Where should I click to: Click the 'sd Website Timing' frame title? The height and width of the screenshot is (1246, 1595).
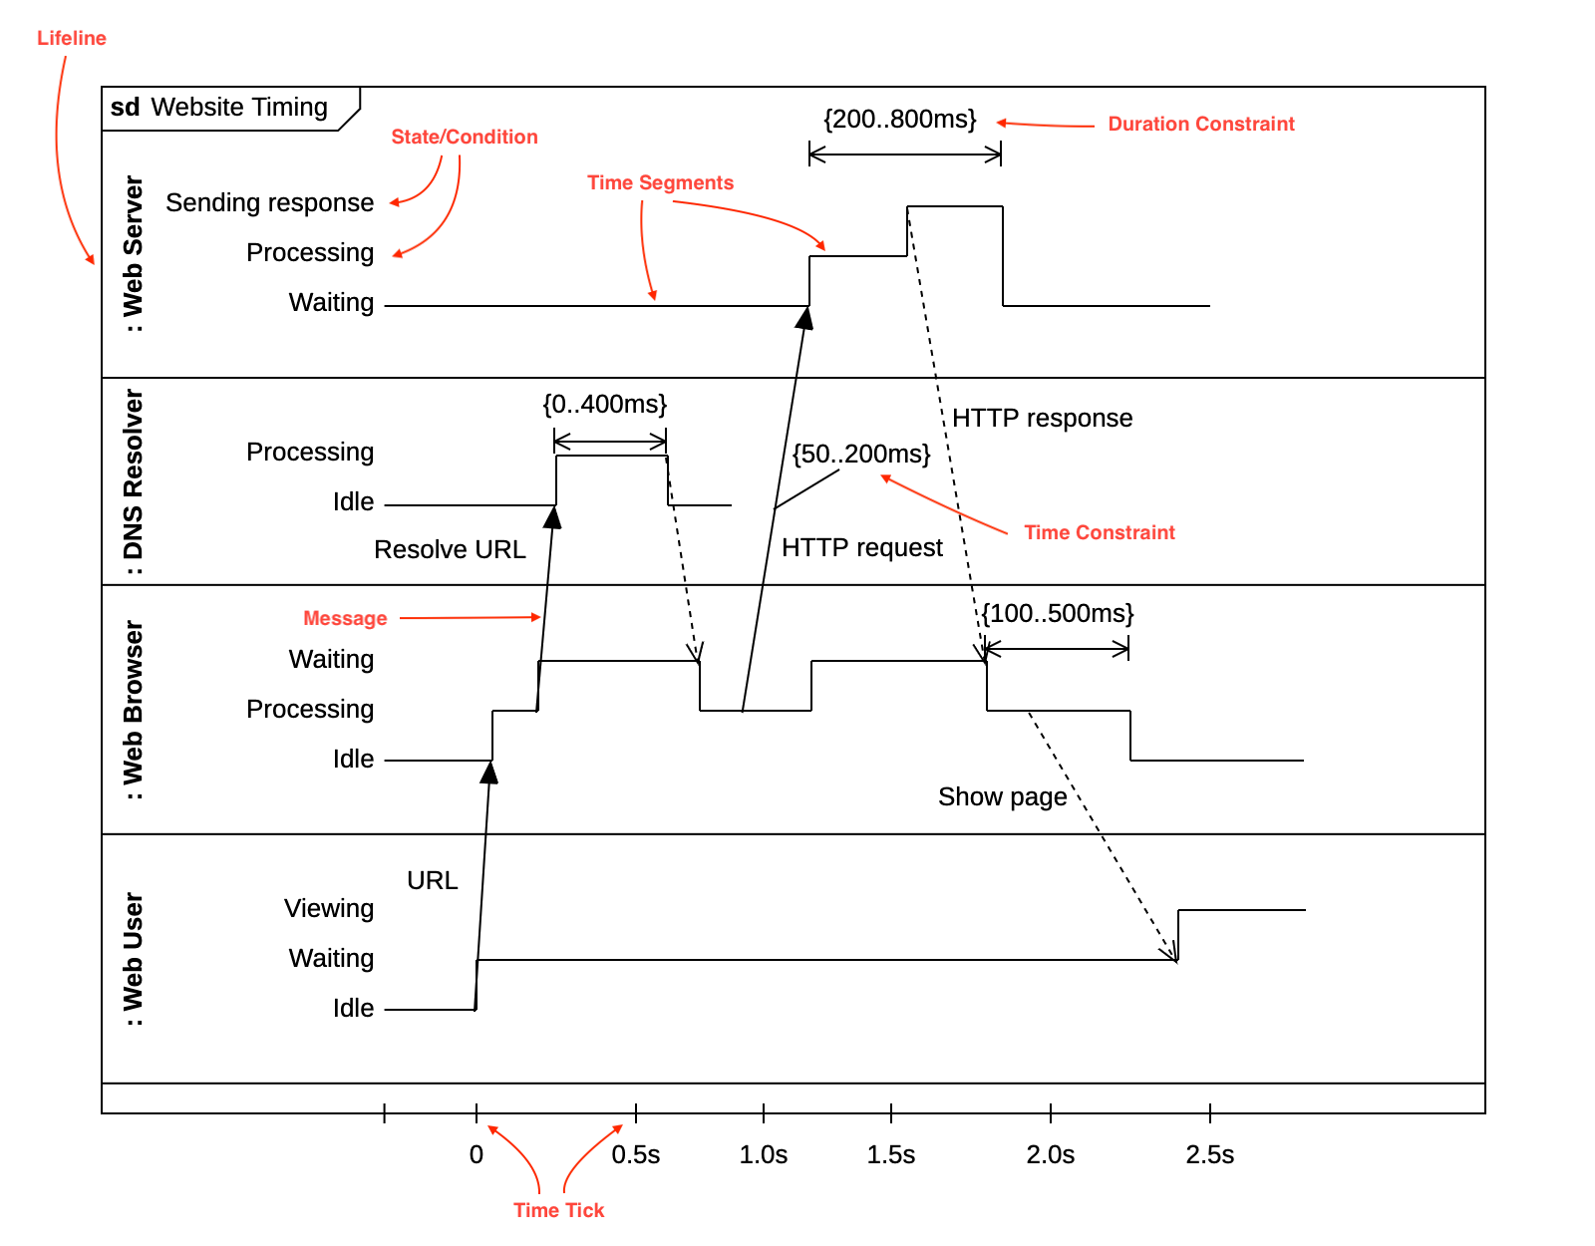point(219,108)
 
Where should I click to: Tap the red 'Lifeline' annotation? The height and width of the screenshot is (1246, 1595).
point(71,38)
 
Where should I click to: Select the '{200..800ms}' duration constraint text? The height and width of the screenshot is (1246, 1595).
point(899,120)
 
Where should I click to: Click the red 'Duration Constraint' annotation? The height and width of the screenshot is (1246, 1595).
point(1200,124)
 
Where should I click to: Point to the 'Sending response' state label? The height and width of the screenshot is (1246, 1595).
point(269,203)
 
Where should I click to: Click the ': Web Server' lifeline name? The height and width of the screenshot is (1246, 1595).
point(134,254)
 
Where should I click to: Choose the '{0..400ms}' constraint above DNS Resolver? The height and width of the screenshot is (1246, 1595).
point(604,405)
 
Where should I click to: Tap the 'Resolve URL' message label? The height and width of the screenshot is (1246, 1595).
point(450,550)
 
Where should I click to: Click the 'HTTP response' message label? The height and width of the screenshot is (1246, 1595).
point(1042,419)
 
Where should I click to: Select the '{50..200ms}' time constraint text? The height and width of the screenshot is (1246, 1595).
point(860,455)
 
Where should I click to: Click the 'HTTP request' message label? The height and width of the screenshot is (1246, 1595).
point(861,548)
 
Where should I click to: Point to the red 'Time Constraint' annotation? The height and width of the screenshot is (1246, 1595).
point(1099,532)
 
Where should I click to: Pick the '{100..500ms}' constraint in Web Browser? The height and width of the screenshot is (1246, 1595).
point(1057,614)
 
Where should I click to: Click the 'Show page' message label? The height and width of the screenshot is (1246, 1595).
point(1002,797)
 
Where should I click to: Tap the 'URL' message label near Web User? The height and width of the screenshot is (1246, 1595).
point(432,881)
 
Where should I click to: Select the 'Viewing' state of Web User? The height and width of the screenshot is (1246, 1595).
point(329,909)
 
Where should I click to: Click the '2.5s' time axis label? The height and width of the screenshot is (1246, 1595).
point(1209,1155)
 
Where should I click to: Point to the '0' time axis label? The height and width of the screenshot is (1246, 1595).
point(477,1155)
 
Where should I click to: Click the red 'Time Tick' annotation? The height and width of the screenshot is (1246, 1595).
point(558,1210)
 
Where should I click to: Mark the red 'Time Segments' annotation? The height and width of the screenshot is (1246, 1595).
point(660,182)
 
